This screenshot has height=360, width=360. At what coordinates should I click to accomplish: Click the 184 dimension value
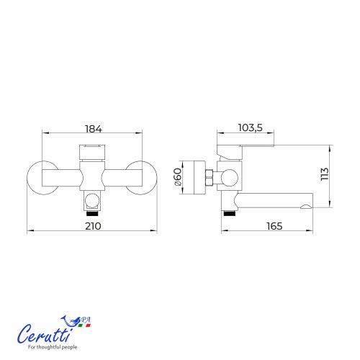(94, 129)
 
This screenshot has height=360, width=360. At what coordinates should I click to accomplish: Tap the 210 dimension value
(93, 226)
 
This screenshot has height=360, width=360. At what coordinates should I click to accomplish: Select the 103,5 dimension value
(250, 128)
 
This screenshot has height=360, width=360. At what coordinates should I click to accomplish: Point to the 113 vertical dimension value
(325, 174)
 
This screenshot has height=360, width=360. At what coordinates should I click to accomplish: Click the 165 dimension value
(274, 226)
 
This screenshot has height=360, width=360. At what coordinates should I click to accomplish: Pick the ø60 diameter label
(178, 177)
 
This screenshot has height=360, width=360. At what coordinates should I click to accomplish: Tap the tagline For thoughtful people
(53, 347)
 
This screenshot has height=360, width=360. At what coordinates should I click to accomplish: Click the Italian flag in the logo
(84, 325)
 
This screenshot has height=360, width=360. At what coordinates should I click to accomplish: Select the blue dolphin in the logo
(71, 321)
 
